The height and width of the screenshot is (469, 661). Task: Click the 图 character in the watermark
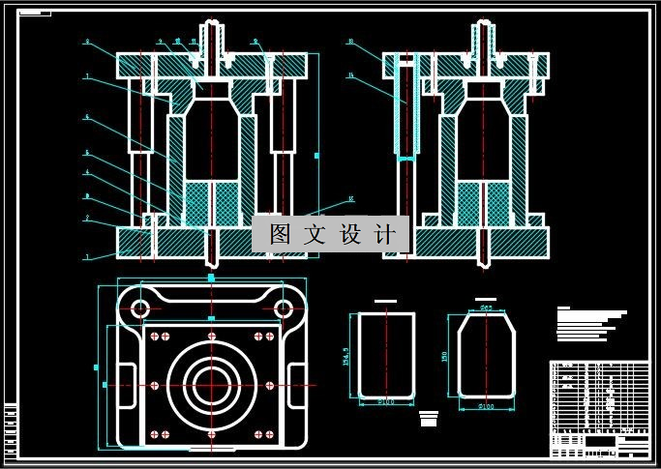click(280, 234)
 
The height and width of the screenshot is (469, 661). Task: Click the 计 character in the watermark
click(384, 234)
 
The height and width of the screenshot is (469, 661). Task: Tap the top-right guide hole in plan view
click(283, 308)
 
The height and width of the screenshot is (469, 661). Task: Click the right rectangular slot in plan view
click(296, 376)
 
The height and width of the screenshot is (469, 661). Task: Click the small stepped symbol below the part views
click(429, 419)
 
